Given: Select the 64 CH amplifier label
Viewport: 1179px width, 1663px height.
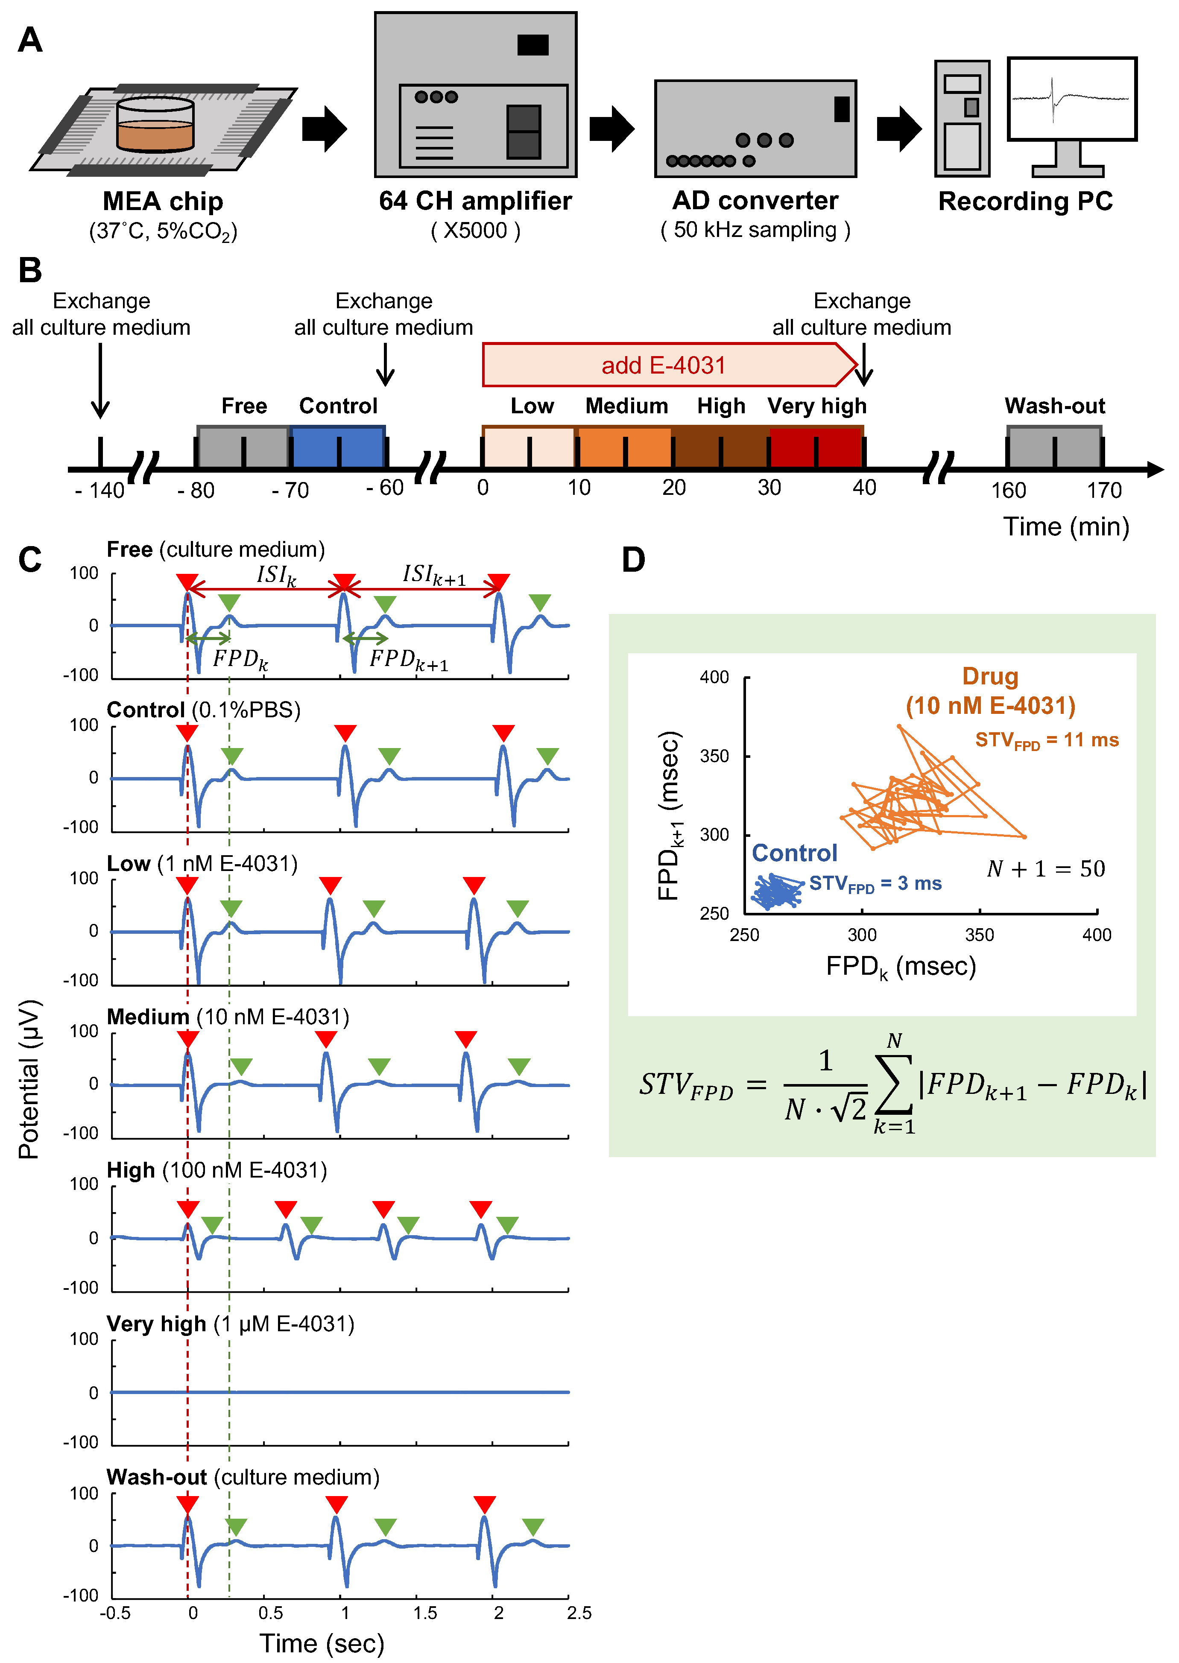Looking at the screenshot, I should pyautogui.click(x=476, y=201).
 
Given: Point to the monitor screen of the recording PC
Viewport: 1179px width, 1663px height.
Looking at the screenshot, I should pyautogui.click(x=1071, y=99).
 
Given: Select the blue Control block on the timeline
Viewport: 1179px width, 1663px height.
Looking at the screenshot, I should pyautogui.click(x=338, y=447).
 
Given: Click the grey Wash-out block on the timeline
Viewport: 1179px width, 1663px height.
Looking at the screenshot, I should pyautogui.click(x=1054, y=447).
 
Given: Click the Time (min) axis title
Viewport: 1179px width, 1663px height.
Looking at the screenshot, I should pyautogui.click(x=1066, y=526).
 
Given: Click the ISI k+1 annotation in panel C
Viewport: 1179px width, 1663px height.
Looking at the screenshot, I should pyautogui.click(x=433, y=575).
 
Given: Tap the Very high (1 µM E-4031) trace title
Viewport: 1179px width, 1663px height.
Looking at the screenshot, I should pyautogui.click(x=230, y=1324).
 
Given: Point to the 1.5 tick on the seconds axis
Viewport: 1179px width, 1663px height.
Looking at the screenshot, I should pyautogui.click(x=425, y=1613).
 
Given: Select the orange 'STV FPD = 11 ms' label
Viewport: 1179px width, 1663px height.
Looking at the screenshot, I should pyautogui.click(x=1046, y=740).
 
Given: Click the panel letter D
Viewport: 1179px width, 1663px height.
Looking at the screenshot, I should pyautogui.click(x=633, y=560).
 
